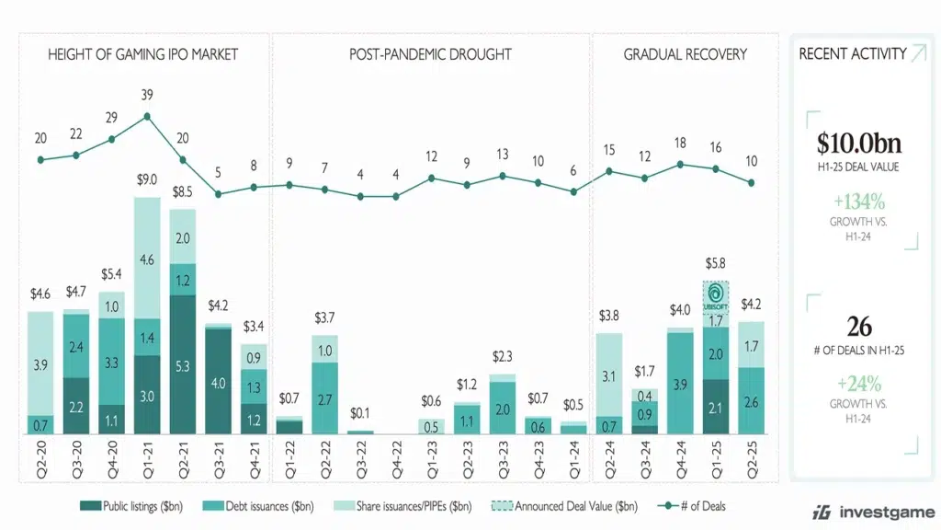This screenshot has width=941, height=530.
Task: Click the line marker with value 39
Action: click(x=147, y=117)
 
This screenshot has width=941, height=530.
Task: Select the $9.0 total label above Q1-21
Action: click(x=147, y=180)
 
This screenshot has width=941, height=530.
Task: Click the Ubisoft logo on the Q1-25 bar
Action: click(x=716, y=298)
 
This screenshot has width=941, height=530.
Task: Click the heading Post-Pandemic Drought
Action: click(x=431, y=54)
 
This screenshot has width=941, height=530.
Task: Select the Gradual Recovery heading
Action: click(x=685, y=54)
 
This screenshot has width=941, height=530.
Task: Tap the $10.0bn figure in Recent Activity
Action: click(x=859, y=144)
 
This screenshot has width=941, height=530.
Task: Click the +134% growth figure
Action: click(x=859, y=202)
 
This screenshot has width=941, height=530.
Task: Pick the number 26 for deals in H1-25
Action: click(x=859, y=327)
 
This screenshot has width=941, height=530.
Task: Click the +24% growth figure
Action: click(x=859, y=383)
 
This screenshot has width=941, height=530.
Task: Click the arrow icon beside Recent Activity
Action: click(x=918, y=54)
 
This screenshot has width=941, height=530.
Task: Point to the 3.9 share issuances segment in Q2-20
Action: click(x=40, y=365)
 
